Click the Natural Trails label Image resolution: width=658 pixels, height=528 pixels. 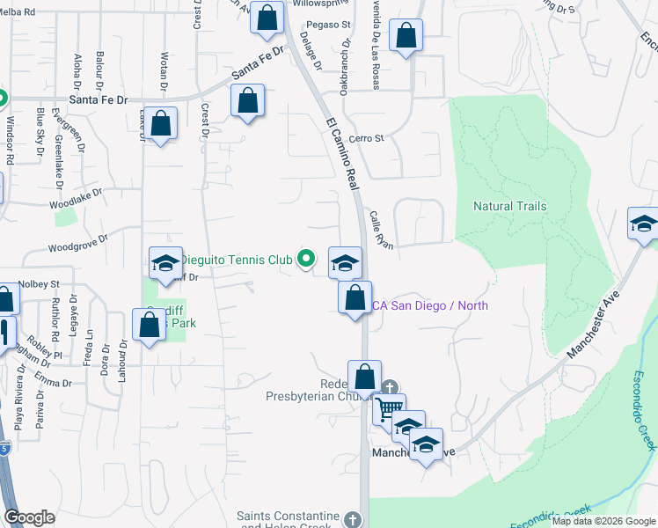click(510, 206)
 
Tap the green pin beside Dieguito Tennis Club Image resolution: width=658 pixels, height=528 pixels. click(306, 259)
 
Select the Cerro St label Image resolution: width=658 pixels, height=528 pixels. click(367, 138)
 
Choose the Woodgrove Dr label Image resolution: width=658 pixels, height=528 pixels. click(77, 238)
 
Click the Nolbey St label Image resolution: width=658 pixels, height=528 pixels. click(40, 284)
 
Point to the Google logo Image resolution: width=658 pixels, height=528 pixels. click(30, 517)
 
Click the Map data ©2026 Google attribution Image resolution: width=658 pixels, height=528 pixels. click(603, 521)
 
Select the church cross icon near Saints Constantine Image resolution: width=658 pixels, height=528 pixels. click(353, 518)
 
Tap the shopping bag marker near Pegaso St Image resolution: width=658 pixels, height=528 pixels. click(266, 18)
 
